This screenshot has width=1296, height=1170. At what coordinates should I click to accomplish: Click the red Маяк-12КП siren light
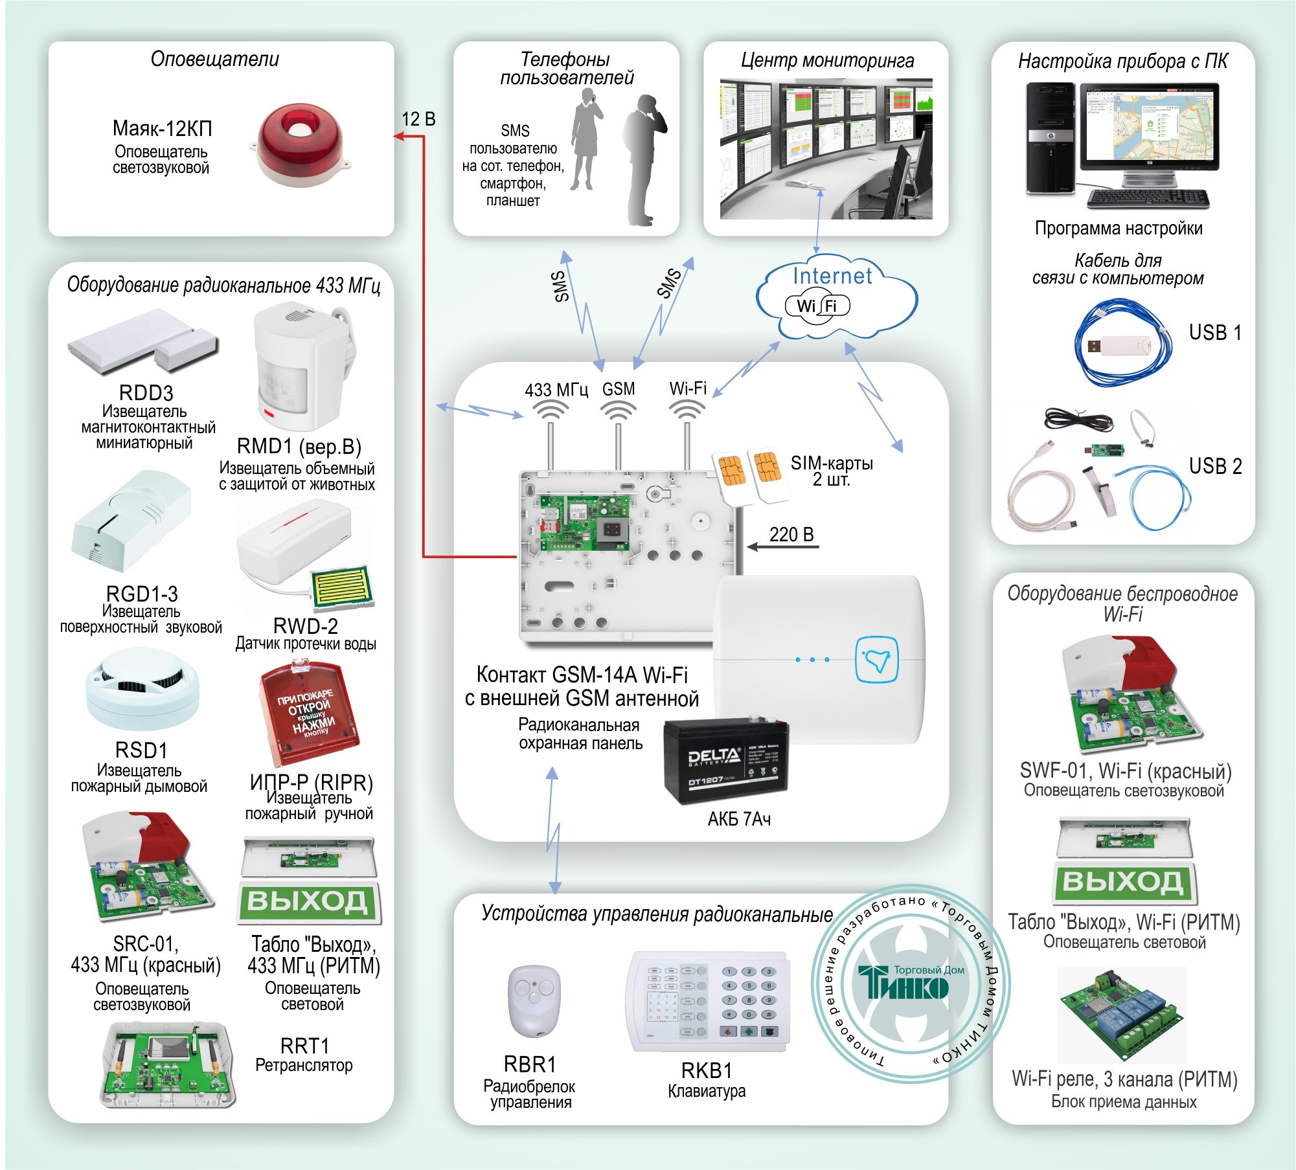tap(300, 145)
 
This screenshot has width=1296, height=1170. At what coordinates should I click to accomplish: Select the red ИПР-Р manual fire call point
tap(309, 712)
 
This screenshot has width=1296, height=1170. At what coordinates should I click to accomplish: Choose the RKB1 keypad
tap(708, 1001)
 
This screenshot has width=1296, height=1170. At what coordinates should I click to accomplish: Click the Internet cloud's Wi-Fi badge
tap(817, 306)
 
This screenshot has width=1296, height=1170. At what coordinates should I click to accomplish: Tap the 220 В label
tap(791, 535)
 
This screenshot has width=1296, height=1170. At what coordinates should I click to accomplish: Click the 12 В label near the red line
tap(418, 119)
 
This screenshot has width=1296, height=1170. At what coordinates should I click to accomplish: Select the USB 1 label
tap(1214, 333)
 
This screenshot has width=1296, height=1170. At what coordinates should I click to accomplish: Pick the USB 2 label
tap(1214, 466)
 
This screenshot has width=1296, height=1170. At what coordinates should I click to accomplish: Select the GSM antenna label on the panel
tap(619, 389)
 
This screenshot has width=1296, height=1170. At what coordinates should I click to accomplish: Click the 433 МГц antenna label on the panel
tap(556, 390)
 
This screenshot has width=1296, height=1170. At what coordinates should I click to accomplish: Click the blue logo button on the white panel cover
tap(877, 659)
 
